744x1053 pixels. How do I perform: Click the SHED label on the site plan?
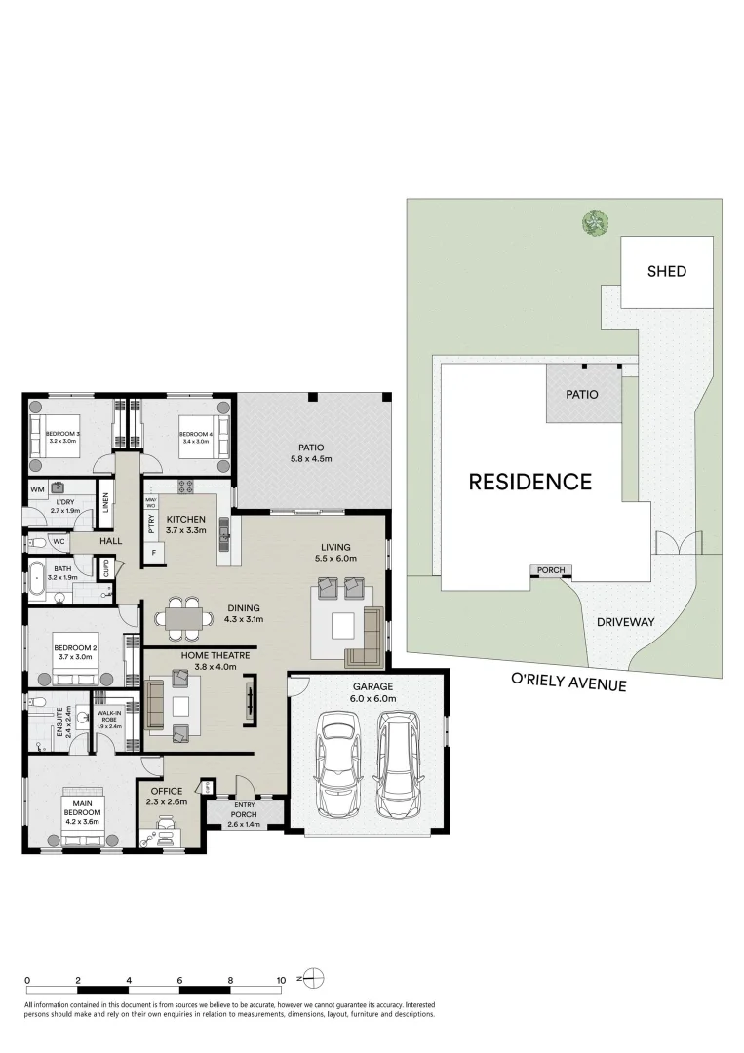tap(667, 272)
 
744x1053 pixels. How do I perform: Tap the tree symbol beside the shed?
tap(593, 222)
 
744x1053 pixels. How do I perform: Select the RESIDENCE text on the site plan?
tap(529, 482)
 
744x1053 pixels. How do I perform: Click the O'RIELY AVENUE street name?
tap(568, 685)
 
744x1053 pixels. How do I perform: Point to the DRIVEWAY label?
tap(624, 621)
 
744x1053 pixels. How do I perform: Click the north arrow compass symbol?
tap(312, 976)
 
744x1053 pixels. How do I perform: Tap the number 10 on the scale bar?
tap(281, 980)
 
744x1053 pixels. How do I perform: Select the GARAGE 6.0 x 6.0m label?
tap(372, 692)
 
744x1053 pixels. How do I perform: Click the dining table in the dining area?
tap(181, 616)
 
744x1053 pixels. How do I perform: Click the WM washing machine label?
tap(38, 489)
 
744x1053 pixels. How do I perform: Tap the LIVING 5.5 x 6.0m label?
tap(335, 553)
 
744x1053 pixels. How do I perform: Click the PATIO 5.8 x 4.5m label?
tap(310, 453)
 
